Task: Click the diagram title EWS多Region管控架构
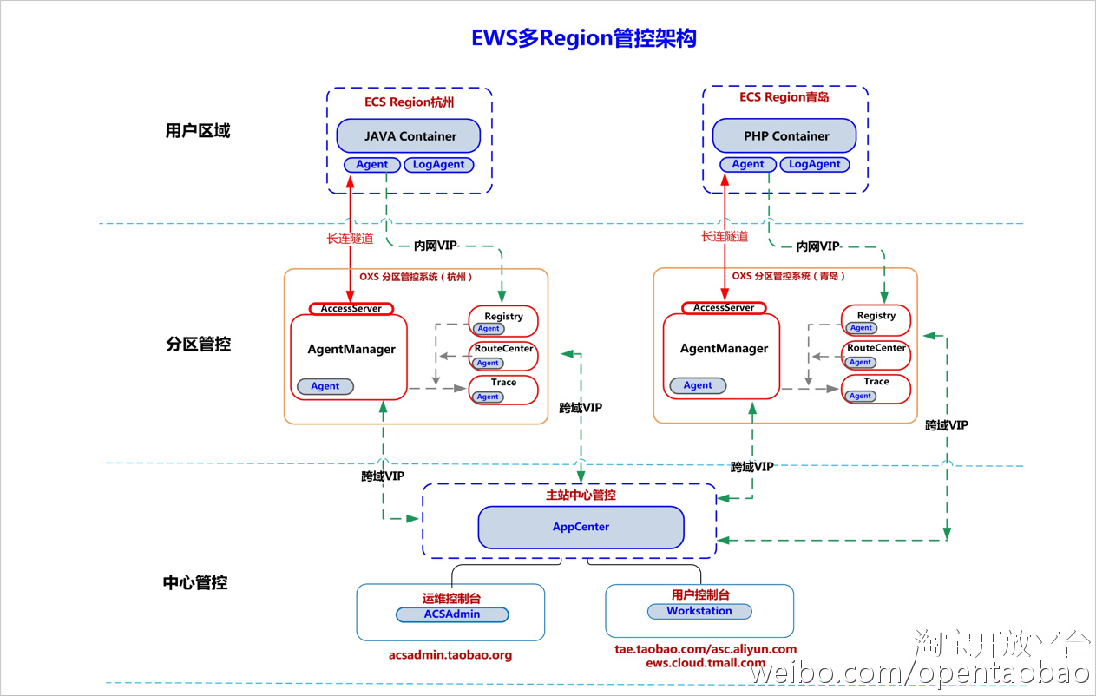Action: (583, 38)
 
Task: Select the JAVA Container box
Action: (409, 136)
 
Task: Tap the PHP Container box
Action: (784, 136)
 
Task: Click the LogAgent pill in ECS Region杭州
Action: (438, 165)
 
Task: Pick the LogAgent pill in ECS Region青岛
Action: (814, 164)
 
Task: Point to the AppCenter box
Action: (581, 527)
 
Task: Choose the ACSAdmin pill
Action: (452, 614)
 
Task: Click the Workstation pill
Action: (699, 611)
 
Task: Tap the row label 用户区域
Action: (198, 131)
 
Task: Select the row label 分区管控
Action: (198, 344)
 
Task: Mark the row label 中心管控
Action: (195, 582)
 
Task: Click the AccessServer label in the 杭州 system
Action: (351, 309)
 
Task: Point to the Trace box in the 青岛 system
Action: (876, 389)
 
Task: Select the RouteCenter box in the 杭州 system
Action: (503, 355)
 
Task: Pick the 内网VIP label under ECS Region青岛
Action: (817, 246)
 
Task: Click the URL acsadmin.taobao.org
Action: (450, 655)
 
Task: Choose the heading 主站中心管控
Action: (581, 496)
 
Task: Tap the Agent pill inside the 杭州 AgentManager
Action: (325, 386)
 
